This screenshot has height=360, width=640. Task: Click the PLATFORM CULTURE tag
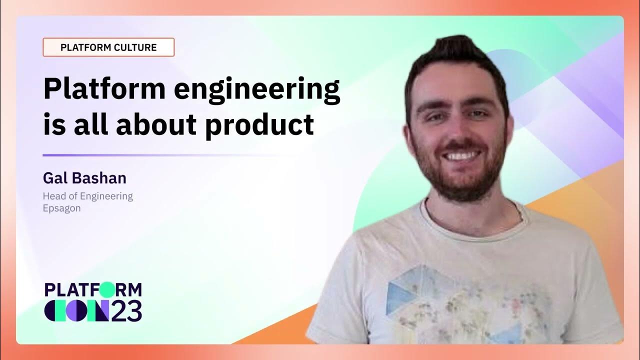[108, 47]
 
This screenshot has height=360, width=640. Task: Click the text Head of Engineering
[88, 196]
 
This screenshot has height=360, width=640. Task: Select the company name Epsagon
[61, 208]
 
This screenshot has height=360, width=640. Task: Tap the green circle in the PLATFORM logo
[106, 289]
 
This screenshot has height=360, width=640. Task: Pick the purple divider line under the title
[165, 155]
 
